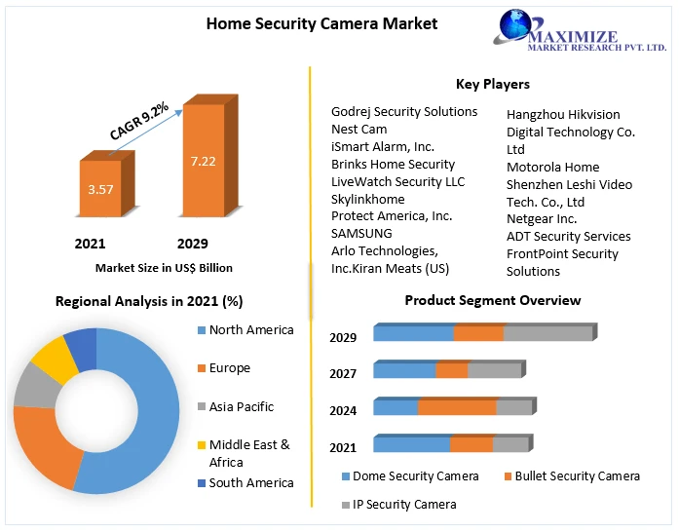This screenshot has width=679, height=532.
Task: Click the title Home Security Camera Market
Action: [321, 23]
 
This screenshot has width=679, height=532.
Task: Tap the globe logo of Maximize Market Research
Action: [516, 27]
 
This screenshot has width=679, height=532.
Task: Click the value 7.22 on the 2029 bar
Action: [203, 161]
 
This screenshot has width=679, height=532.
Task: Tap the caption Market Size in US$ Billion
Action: [164, 267]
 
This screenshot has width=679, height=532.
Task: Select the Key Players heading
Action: [493, 85]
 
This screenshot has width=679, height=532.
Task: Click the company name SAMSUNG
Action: [361, 234]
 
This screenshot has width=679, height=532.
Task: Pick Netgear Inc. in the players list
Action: [542, 219]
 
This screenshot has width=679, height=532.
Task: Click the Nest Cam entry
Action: [358, 129]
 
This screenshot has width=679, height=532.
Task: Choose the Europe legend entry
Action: [229, 368]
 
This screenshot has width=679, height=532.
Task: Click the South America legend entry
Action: [250, 483]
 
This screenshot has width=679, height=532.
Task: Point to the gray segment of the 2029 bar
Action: [547, 333]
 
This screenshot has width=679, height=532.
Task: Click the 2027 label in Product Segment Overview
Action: [343, 373]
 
